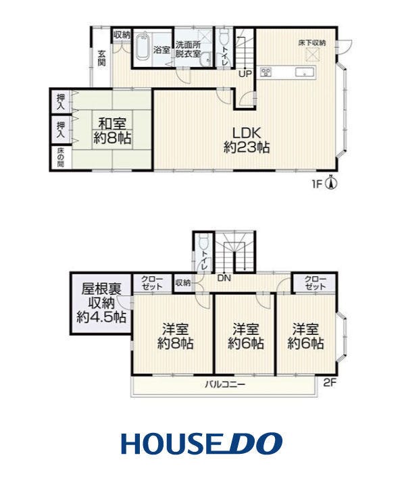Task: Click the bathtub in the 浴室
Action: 143,47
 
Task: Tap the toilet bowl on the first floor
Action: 224,37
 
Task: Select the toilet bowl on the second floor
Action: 203,242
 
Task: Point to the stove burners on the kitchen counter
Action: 267,72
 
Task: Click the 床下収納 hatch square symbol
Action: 311,55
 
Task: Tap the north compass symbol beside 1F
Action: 332,182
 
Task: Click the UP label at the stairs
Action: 245,74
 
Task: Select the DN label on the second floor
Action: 224,278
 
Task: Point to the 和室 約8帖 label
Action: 112,131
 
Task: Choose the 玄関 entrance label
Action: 101,57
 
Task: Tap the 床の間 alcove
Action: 61,159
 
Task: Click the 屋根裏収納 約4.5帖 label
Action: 101,303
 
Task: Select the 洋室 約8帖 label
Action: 175,336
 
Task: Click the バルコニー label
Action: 225,384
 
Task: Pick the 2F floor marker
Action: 330,383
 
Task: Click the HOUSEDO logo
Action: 202,444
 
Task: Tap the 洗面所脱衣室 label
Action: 188,49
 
